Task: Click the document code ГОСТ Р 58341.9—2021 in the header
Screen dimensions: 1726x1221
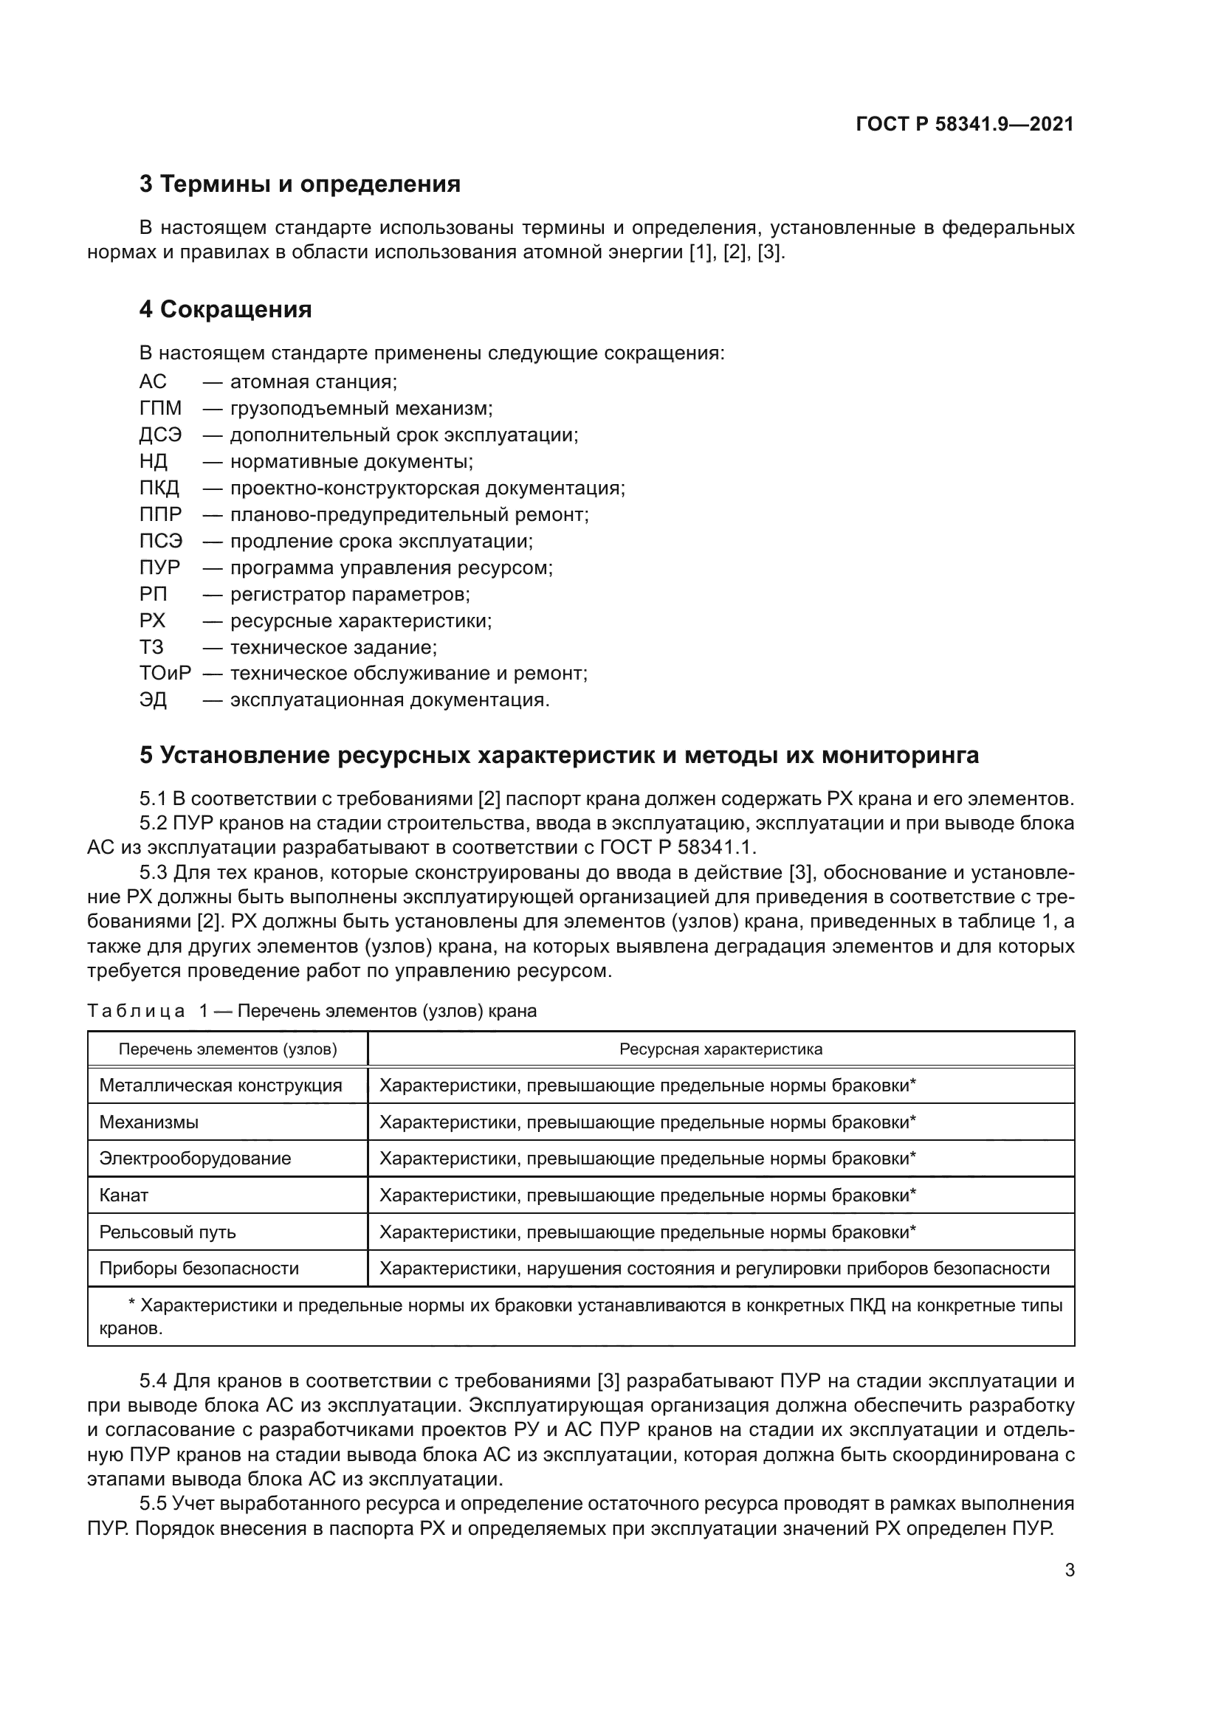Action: (x=965, y=124)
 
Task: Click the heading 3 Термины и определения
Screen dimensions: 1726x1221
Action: (x=299, y=184)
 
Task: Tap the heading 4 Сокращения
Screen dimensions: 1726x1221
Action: (x=225, y=309)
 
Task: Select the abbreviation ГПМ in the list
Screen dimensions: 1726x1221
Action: (x=160, y=408)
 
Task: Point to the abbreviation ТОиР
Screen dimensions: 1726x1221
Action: (x=165, y=674)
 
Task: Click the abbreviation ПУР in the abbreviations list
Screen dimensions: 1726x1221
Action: (x=159, y=567)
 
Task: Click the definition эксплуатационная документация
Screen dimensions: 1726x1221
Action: (x=390, y=700)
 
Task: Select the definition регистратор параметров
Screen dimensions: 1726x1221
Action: (x=350, y=594)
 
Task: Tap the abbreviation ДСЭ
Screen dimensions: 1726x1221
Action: (x=160, y=435)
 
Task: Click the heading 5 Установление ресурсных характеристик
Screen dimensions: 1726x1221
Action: (x=559, y=755)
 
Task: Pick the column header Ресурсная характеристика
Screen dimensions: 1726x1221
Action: (x=720, y=1049)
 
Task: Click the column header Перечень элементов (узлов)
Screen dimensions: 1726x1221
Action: (x=228, y=1049)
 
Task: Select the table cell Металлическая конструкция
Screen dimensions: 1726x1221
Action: (x=220, y=1085)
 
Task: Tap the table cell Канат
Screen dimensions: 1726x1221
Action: (x=124, y=1195)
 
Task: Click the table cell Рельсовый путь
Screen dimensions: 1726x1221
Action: (x=168, y=1232)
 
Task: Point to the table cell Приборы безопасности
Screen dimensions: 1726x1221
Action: (x=199, y=1269)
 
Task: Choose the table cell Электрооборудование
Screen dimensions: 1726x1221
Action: (x=195, y=1159)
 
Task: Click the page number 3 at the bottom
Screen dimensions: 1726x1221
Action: (x=1069, y=1570)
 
